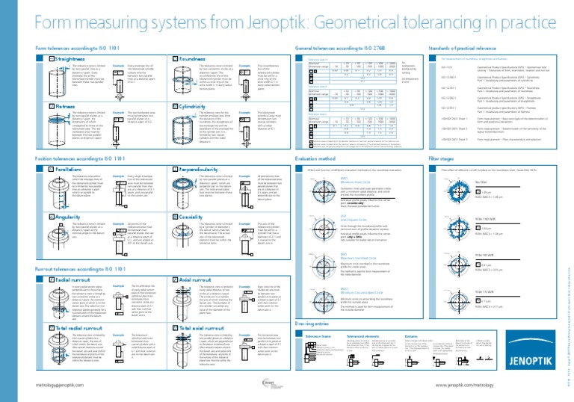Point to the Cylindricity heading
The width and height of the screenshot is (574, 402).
(x=194, y=107)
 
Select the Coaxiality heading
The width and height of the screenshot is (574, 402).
(x=192, y=217)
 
